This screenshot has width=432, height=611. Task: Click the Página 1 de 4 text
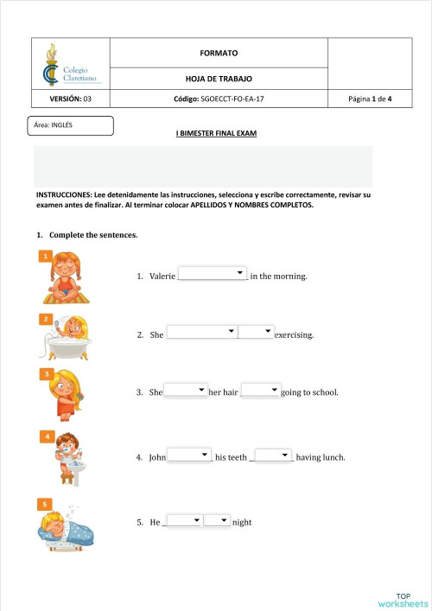click(x=370, y=99)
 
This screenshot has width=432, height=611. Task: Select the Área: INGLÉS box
click(x=72, y=126)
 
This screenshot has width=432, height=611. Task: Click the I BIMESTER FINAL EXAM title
click(x=216, y=134)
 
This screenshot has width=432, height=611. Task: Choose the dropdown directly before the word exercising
click(x=256, y=333)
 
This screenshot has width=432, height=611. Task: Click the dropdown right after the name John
click(x=189, y=455)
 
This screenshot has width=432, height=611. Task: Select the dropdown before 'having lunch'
click(x=274, y=455)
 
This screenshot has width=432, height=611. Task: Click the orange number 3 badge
click(x=45, y=373)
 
